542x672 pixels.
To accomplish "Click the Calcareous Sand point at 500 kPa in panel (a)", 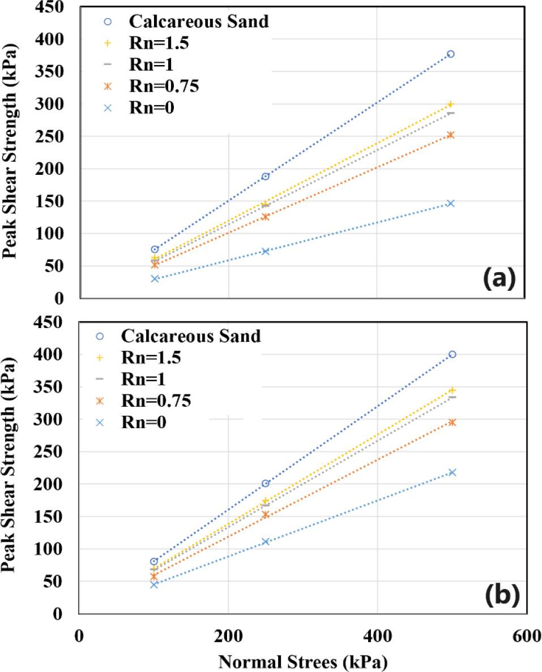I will [451, 54].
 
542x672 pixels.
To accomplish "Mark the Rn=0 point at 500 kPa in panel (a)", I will [451, 203].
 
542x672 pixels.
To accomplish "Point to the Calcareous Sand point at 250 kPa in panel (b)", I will [266, 483].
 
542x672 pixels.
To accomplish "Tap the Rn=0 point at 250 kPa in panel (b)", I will [266, 541].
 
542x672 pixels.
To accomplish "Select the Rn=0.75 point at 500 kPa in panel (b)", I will [452, 422].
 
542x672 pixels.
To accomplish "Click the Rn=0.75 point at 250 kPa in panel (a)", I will [265, 217].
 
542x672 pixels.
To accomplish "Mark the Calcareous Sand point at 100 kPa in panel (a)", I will [155, 249].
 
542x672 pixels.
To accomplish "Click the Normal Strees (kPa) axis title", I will [302, 660].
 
